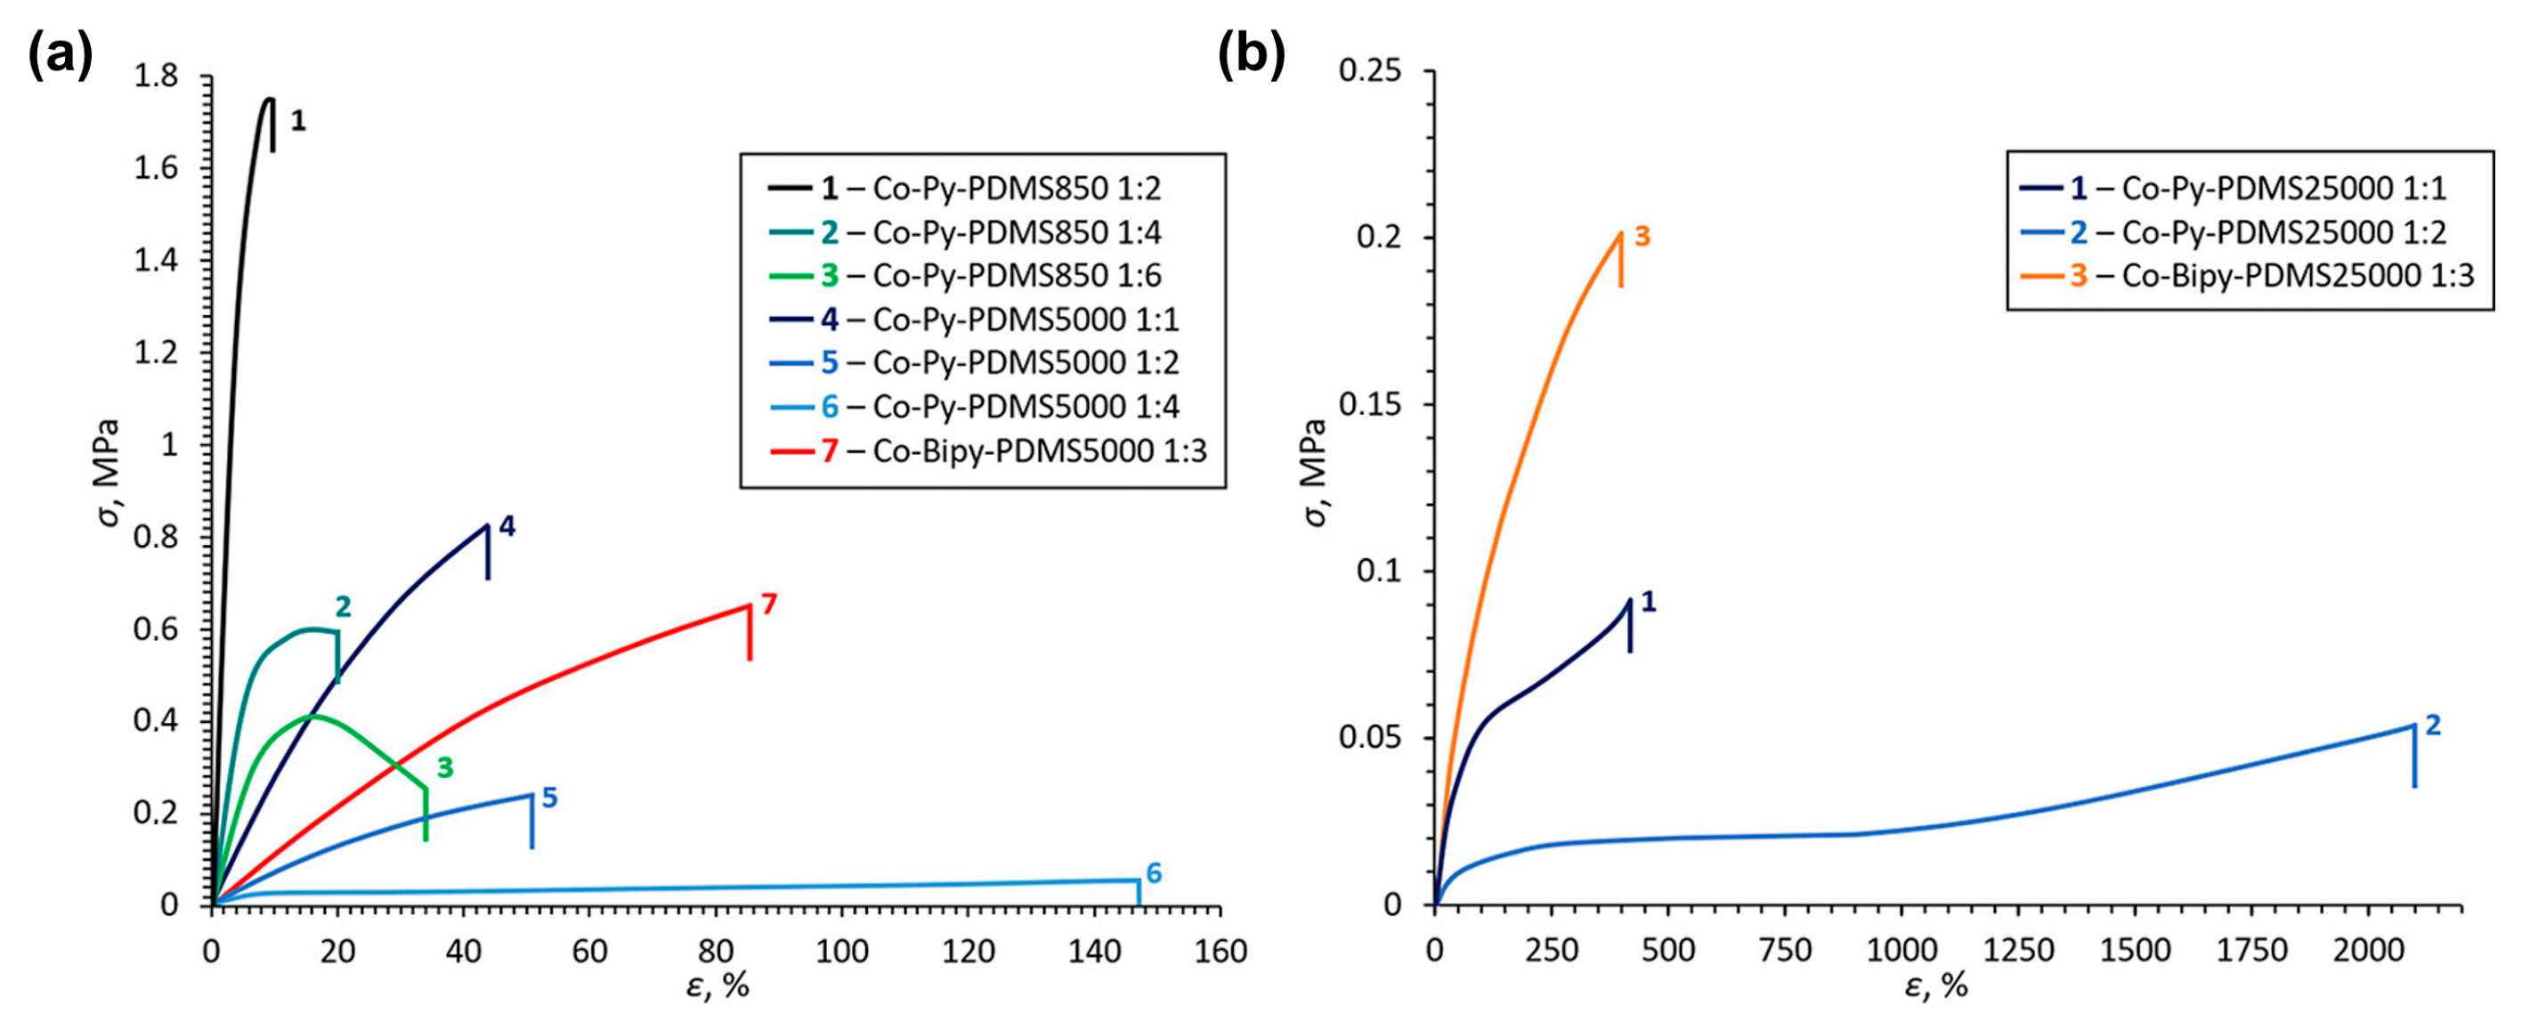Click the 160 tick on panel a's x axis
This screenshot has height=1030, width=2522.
[1220, 951]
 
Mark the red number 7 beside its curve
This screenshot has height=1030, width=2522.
[768, 604]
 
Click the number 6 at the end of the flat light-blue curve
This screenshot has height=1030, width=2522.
[1154, 873]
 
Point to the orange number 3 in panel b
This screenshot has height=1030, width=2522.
[1642, 236]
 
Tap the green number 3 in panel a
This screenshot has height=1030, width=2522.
[444, 767]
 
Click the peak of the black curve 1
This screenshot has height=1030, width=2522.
[268, 98]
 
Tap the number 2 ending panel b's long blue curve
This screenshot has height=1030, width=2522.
[2432, 725]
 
